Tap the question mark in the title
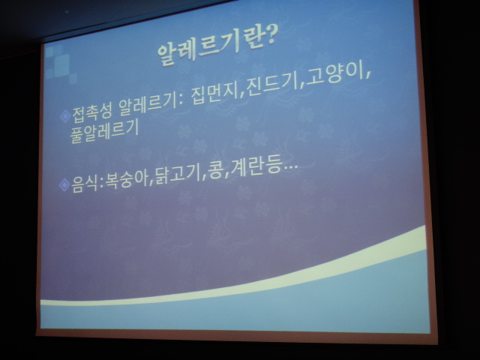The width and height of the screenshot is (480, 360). [x=268, y=36]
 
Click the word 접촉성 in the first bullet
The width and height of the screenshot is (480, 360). [x=91, y=112]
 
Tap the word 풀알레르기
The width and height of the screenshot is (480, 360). [x=105, y=130]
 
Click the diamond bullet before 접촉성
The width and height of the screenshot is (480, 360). [x=65, y=116]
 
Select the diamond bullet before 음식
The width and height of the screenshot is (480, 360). [x=64, y=184]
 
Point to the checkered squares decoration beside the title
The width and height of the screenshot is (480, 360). [x=60, y=62]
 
